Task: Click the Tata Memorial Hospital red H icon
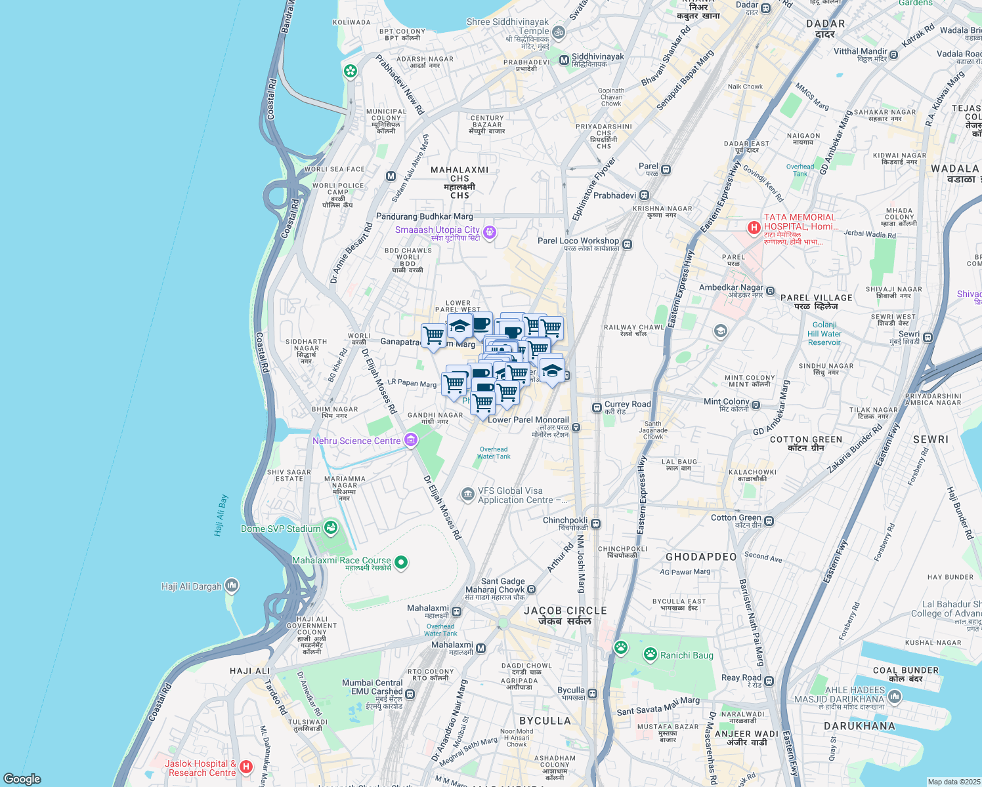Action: coord(754,228)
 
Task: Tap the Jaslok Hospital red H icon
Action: coord(246,766)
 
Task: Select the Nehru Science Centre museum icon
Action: coord(411,440)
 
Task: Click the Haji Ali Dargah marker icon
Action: coord(231,585)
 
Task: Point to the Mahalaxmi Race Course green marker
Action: coord(401,562)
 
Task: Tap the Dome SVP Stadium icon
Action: coord(331,527)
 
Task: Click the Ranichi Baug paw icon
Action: coord(650,654)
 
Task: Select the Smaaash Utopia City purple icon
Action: coord(489,232)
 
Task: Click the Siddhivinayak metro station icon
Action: coord(563,60)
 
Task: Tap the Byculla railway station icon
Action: coord(593,693)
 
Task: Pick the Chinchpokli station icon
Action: coord(596,523)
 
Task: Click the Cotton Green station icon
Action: coord(769,521)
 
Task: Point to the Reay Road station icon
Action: coord(769,681)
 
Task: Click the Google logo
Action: coord(22,778)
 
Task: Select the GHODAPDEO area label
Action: coord(701,557)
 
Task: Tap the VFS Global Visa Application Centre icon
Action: coord(467,494)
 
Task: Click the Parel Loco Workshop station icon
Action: coord(628,245)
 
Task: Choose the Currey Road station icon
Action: coord(597,408)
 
